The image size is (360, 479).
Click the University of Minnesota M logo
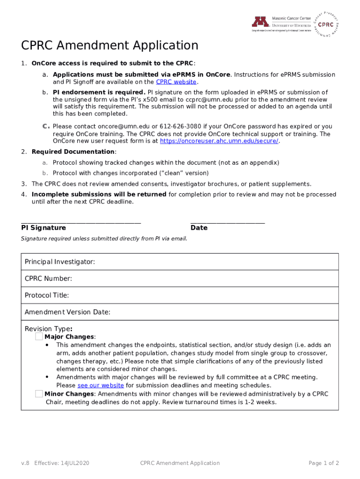[260, 22]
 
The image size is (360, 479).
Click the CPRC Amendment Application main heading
[110, 45]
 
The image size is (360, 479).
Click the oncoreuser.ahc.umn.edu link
[219, 141]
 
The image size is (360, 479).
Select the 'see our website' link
[101, 385]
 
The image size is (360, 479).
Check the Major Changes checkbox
[39, 337]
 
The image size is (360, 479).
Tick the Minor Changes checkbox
[39, 394]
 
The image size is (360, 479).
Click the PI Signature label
[43, 228]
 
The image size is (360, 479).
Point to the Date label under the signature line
[199, 228]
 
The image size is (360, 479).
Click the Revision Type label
[48, 329]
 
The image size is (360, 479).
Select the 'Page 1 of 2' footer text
[324, 463]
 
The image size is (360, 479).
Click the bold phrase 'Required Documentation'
[73, 152]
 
